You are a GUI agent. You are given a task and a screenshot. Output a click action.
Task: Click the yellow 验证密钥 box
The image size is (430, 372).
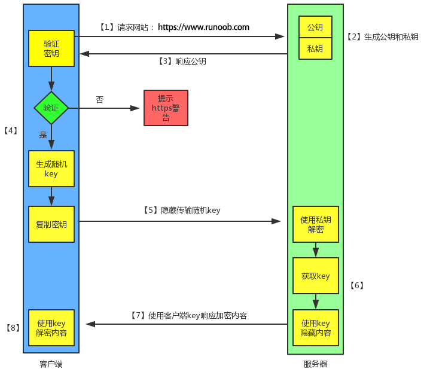51,48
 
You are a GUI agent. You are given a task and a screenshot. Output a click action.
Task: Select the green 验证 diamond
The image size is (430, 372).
51,108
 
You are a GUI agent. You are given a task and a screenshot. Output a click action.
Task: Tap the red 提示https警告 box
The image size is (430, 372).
166,108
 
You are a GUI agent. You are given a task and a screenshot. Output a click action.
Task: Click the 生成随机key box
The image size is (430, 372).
51,169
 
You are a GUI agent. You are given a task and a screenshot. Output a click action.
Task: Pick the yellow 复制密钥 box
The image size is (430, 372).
51,224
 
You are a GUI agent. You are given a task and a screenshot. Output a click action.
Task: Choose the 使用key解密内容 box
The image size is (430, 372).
51,328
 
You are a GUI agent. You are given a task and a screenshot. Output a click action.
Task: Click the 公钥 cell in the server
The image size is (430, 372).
315,28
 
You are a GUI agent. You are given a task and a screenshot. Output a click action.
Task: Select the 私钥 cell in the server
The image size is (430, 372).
315,48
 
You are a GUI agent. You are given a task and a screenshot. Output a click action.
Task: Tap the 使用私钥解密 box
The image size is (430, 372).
315,224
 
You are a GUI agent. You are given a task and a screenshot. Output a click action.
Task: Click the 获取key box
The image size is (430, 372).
315,276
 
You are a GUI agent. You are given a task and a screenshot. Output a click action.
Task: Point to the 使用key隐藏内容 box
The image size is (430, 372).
315,328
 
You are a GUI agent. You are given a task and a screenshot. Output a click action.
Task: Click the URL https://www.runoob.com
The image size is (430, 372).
203,27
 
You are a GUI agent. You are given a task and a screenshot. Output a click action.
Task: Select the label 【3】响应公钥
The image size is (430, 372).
182,61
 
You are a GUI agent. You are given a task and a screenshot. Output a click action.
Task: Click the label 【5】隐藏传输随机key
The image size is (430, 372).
181,210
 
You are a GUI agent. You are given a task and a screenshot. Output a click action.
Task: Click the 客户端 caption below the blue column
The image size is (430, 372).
51,364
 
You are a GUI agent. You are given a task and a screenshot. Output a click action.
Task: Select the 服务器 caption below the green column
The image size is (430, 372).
315,364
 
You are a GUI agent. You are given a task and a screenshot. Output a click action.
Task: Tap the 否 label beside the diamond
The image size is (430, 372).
100,99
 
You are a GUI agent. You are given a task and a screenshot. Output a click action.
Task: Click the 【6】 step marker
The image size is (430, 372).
356,285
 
